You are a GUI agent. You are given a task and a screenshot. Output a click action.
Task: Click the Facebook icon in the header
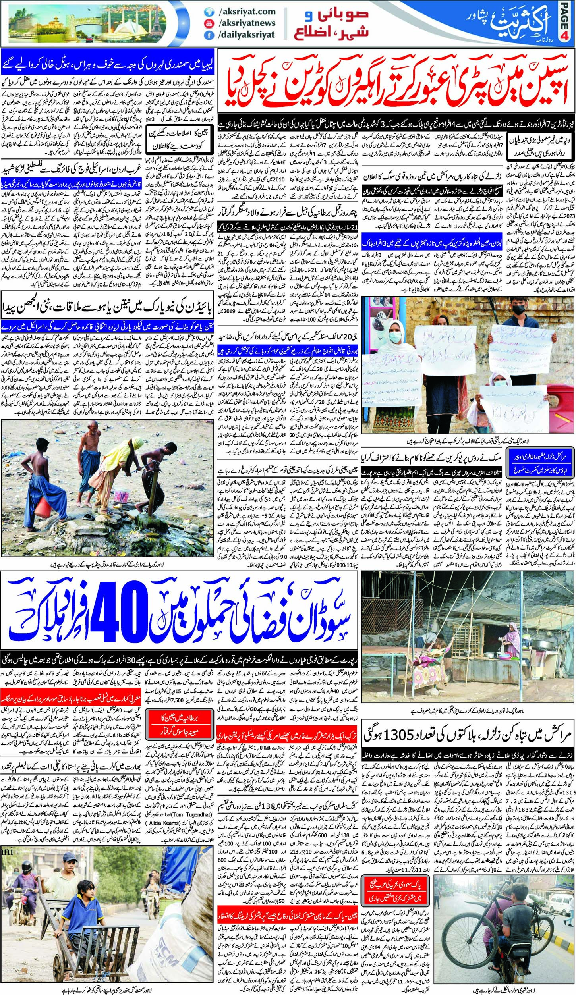point(207,35)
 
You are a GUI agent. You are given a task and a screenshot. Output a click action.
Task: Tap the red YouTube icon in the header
point(207,23)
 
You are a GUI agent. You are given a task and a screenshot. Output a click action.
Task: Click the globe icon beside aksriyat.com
point(207,12)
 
